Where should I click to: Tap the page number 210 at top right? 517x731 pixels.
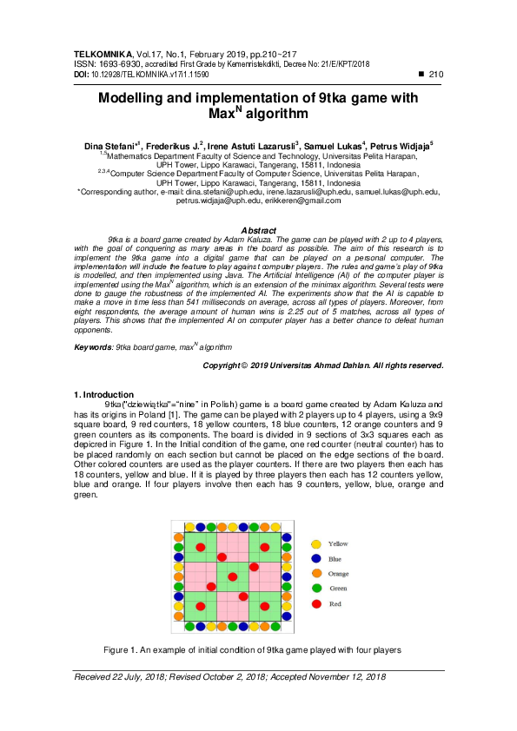[436, 76]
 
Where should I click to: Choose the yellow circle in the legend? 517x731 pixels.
[316, 543]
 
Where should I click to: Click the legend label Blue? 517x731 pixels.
[335, 559]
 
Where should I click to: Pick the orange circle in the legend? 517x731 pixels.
[316, 574]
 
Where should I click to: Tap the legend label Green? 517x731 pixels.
[337, 589]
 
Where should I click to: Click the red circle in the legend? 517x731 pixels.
[316, 603]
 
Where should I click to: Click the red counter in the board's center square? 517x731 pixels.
[232, 576]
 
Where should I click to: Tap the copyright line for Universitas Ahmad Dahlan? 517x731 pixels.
[323, 365]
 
